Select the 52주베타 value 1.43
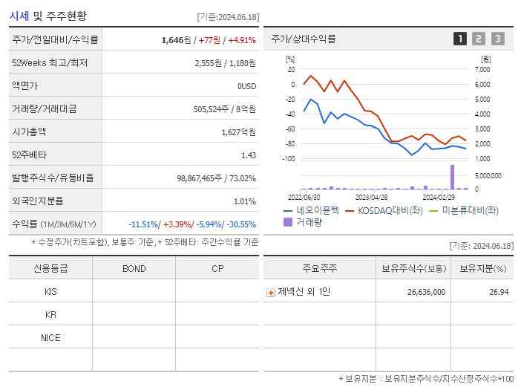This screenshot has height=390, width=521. [249, 155]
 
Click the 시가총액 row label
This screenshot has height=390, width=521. [29, 132]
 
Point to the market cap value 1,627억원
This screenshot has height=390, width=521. [238, 132]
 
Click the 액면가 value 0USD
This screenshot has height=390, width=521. [246, 86]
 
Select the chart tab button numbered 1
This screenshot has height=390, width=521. [460, 39]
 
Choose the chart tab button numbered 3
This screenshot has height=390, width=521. [497, 39]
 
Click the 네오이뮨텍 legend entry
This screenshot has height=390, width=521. [312, 210]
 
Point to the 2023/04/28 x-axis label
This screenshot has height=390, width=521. [372, 197]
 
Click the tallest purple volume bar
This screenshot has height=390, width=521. [451, 177]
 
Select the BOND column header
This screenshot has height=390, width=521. [134, 268]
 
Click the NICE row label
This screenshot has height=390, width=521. [50, 337]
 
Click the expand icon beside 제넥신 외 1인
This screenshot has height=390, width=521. [271, 293]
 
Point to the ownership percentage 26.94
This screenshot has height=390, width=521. [499, 292]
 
